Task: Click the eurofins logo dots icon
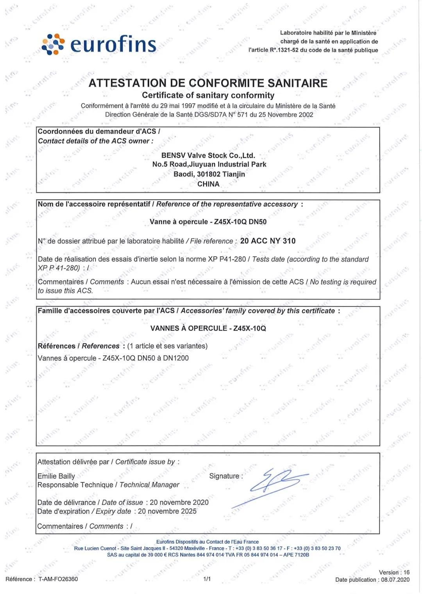click(53, 44)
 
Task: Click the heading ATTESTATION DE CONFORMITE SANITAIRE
click(208, 83)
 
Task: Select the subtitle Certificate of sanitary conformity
click(208, 95)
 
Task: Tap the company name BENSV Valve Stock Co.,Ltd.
click(208, 156)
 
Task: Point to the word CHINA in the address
click(208, 184)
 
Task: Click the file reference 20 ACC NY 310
click(268, 241)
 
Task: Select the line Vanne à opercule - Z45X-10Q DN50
click(208, 222)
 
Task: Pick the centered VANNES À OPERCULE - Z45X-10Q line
click(208, 328)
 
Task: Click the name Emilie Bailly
click(56, 476)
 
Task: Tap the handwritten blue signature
click(274, 484)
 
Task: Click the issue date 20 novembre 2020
click(179, 502)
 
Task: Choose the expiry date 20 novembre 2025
click(167, 511)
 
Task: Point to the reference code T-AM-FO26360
click(58, 579)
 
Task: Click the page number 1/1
click(207, 579)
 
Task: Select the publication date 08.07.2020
click(395, 580)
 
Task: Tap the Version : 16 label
click(394, 572)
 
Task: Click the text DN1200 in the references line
click(176, 358)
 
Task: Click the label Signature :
click(226, 476)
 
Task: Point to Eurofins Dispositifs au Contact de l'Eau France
click(207, 542)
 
